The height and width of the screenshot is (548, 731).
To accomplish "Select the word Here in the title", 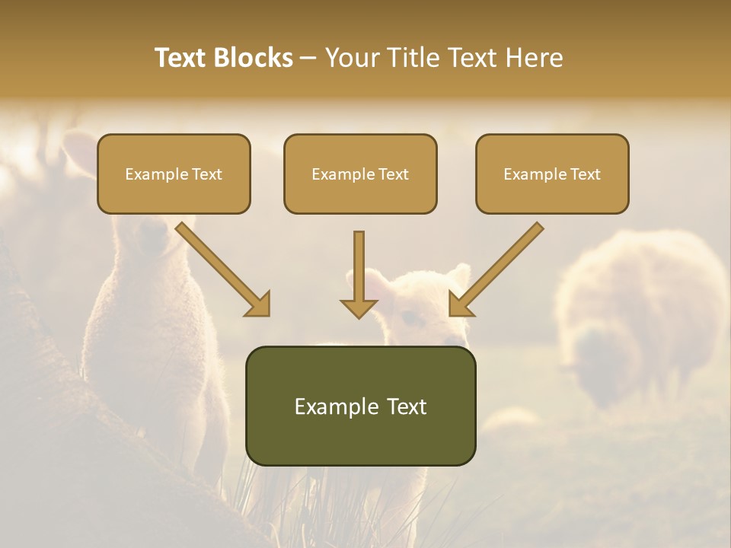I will (533, 58).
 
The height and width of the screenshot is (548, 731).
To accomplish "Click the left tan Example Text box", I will (174, 174).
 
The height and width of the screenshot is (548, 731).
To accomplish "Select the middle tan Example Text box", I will (360, 174).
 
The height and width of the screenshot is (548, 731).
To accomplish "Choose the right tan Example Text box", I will (552, 174).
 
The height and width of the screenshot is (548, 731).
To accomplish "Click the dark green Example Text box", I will (360, 406).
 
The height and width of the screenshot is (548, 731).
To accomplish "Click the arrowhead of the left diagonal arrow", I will (259, 304).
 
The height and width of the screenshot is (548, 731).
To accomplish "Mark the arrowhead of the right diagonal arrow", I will (460, 304).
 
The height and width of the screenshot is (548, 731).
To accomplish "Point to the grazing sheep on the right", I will (640, 312).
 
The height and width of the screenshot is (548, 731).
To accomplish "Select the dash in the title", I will (308, 59).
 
